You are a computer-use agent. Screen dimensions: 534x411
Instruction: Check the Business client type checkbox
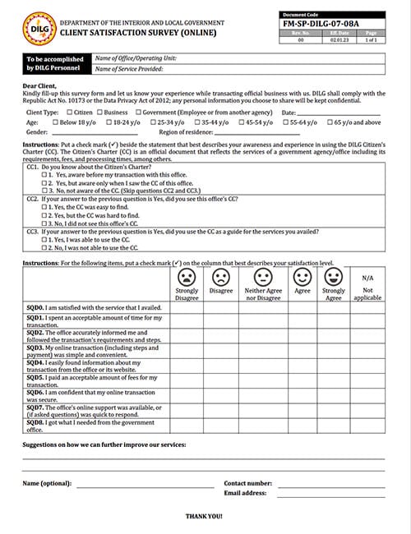coord(99,112)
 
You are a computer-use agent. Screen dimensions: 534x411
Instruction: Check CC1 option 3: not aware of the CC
coord(44,190)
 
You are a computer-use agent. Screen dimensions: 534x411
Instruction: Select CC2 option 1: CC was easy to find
coord(44,207)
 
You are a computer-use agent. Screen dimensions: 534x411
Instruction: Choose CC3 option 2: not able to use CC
coord(44,247)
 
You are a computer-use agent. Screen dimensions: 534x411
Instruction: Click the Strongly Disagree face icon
coord(187,275)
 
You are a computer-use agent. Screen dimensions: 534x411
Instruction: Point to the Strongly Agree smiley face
coord(333,275)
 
